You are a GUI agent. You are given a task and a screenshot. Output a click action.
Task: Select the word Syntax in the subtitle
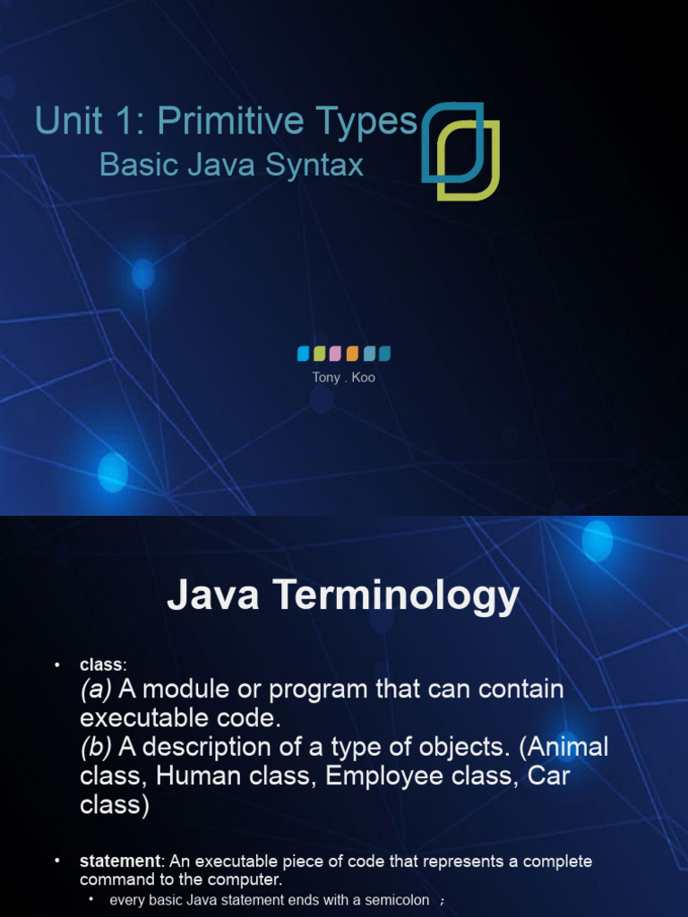pyautogui.click(x=320, y=165)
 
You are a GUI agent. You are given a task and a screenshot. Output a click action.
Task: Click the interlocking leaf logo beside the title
pyautogui.click(x=460, y=150)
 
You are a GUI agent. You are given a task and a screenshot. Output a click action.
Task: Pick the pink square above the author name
pyautogui.click(x=336, y=353)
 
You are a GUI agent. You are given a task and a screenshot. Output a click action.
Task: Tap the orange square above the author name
pyautogui.click(x=352, y=353)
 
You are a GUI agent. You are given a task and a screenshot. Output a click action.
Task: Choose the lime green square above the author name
pyautogui.click(x=320, y=353)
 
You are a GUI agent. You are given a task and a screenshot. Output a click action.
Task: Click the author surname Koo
pyautogui.click(x=363, y=378)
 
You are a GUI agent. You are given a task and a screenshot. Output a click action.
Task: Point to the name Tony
pyautogui.click(x=326, y=378)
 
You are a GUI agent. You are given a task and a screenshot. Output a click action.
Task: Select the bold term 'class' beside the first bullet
pyautogui.click(x=102, y=664)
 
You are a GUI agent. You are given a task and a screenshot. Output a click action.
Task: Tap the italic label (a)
pyautogui.click(x=96, y=690)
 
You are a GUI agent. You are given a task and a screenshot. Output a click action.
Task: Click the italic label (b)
pyautogui.click(x=96, y=747)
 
